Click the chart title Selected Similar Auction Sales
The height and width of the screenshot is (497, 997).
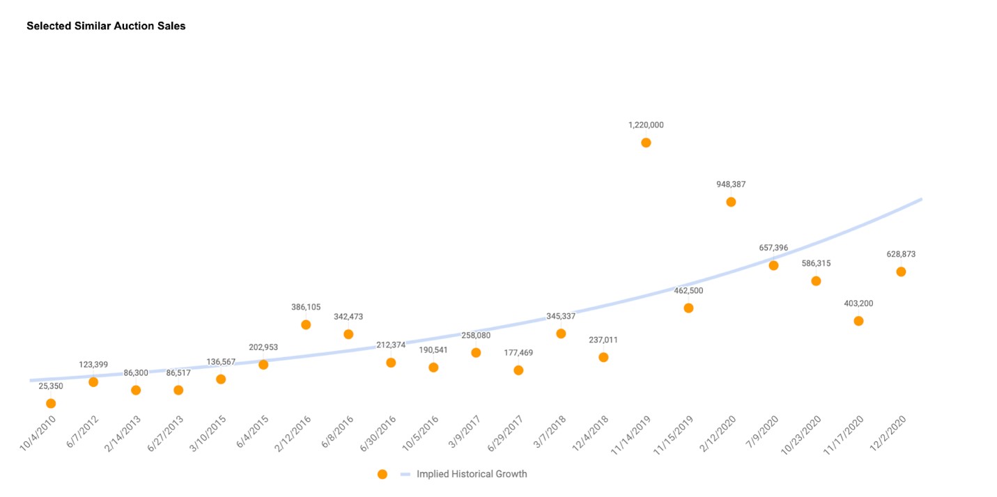[106, 26]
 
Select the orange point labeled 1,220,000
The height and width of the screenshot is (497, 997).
[646, 143]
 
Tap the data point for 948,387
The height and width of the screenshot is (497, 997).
[731, 202]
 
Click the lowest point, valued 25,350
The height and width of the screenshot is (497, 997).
[51, 403]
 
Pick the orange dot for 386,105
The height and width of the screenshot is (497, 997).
[306, 324]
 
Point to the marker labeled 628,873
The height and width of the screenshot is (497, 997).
[901, 271]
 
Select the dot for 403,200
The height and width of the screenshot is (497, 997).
[858, 321]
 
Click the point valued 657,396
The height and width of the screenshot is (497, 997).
[773, 265]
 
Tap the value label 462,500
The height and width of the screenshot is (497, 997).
[688, 290]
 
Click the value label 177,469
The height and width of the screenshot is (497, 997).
[518, 353]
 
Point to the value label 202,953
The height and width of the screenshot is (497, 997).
[263, 347]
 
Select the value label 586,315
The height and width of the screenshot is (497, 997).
[816, 264]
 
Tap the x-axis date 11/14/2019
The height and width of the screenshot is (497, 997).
[631, 435]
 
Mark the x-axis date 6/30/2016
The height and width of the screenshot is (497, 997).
[378, 433]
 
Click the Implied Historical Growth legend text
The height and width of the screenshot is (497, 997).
[472, 474]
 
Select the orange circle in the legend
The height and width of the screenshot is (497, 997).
[382, 474]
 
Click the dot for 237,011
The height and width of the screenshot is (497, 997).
[603, 357]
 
